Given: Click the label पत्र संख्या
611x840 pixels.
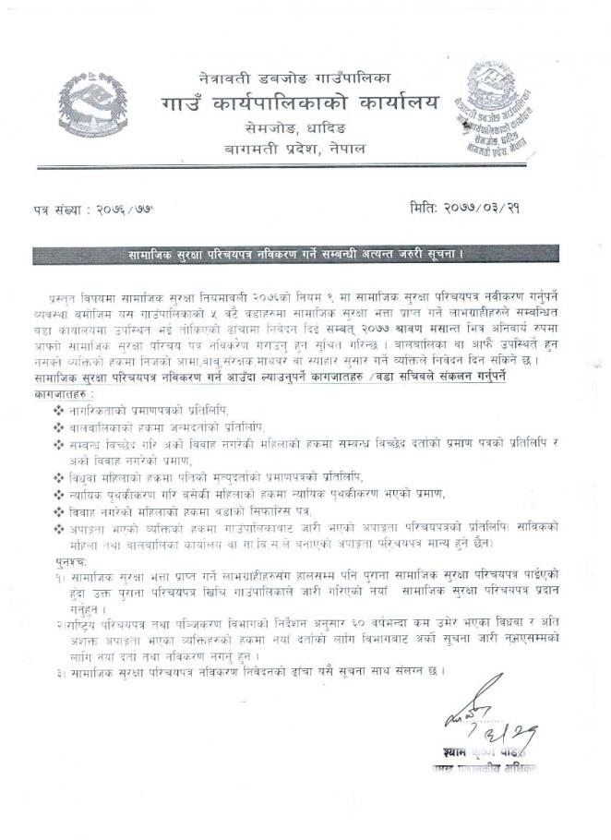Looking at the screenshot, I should coord(59,212).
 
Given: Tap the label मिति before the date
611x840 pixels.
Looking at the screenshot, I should coord(425,210).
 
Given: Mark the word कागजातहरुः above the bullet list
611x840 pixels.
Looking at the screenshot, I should coord(59,392).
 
